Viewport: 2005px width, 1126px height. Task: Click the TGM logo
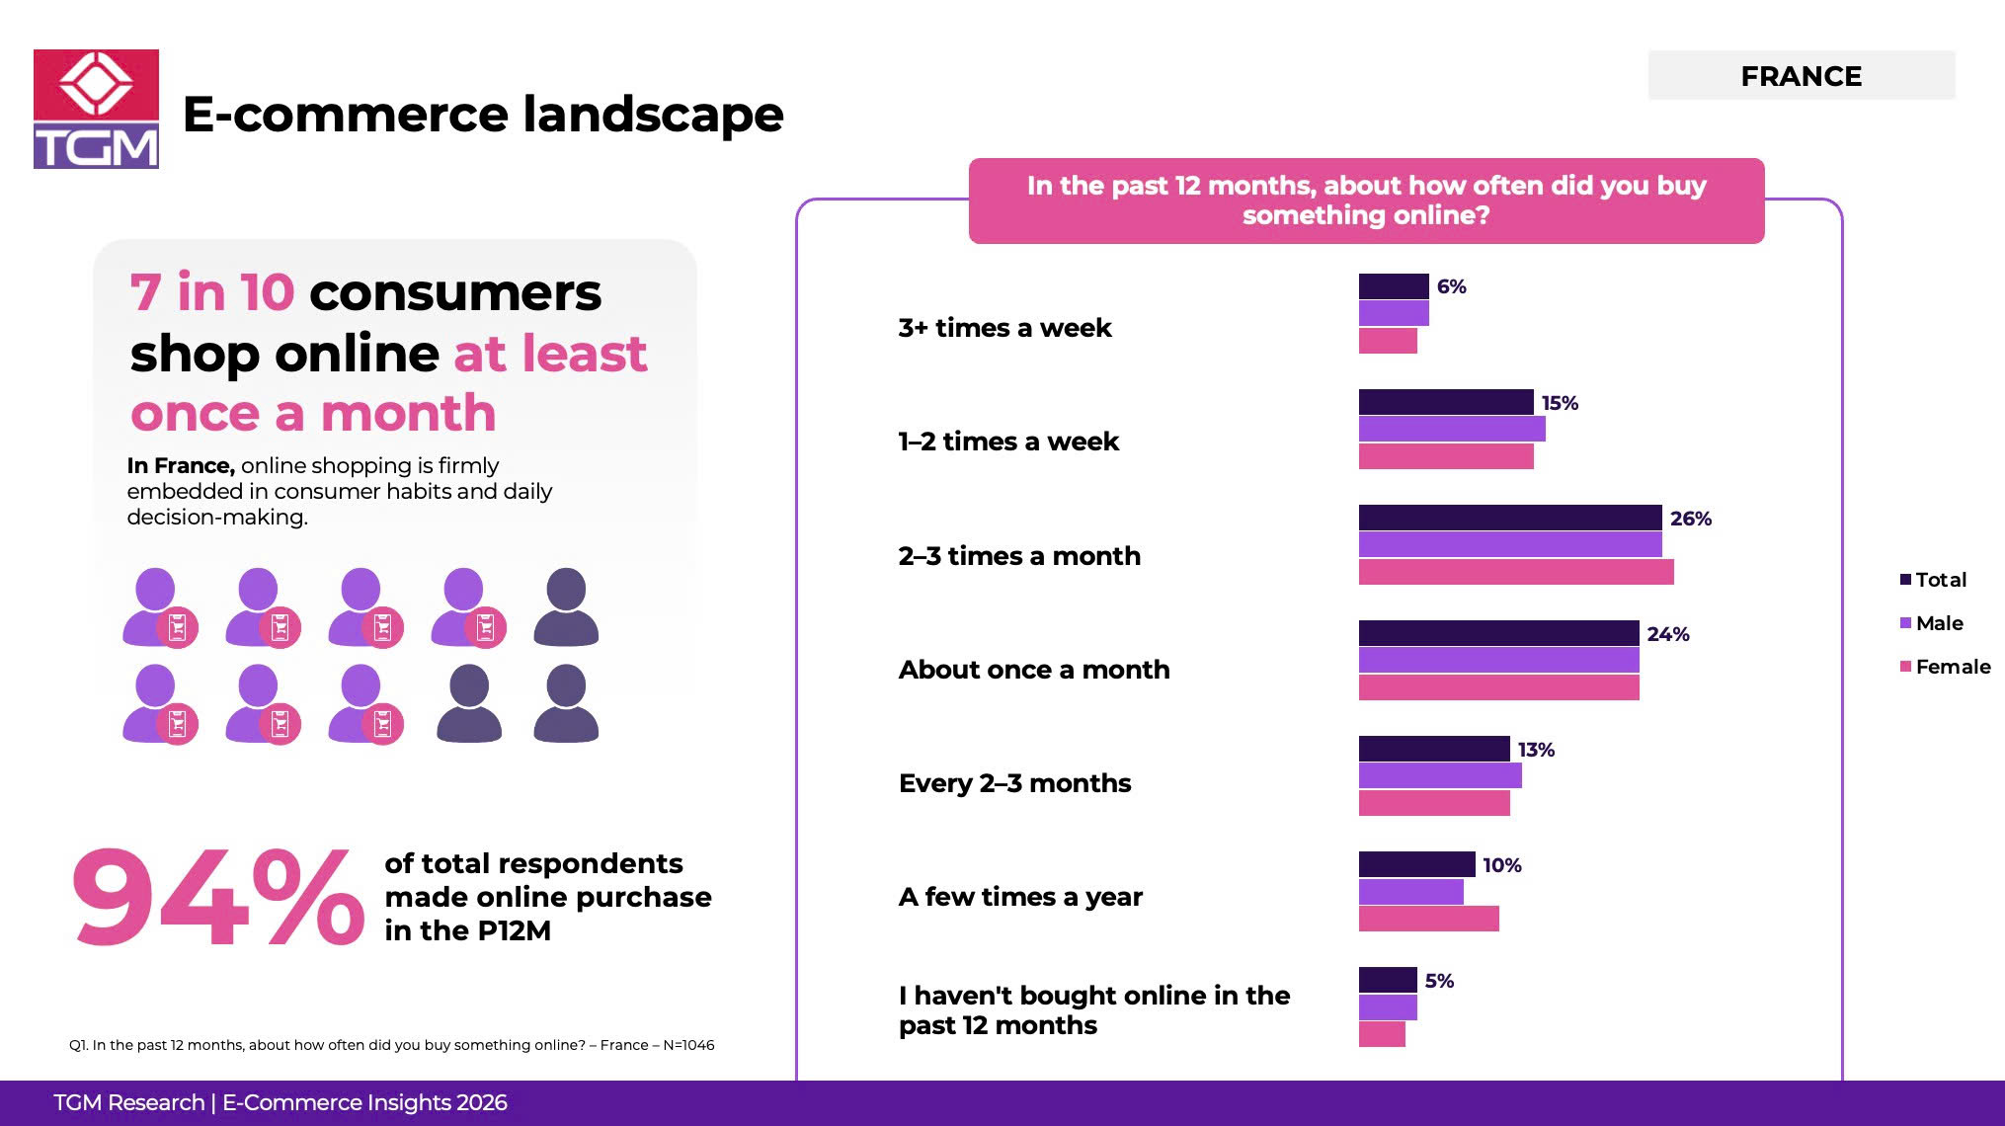click(x=96, y=109)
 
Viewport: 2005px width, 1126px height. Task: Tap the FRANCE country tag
click(x=1801, y=76)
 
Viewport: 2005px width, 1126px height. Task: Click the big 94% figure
click(x=217, y=898)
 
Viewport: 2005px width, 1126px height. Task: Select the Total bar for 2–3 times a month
click(x=1509, y=518)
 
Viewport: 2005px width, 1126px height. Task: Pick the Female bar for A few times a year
click(x=1428, y=919)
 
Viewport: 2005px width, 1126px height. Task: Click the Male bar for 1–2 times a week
click(x=1451, y=429)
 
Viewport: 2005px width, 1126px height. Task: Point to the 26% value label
click(x=1690, y=519)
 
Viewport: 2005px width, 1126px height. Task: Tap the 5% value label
click(x=1439, y=981)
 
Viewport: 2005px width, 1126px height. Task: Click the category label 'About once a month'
click(x=1033, y=670)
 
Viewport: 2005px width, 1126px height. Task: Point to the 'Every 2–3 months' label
click(x=1014, y=783)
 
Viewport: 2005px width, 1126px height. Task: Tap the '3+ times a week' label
click(x=1004, y=328)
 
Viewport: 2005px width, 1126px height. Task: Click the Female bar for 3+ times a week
click(x=1388, y=341)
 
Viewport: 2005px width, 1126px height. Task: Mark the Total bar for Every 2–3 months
click(x=1434, y=749)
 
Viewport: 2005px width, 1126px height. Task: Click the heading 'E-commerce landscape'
click(x=483, y=115)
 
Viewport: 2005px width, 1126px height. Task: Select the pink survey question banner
click(x=1366, y=201)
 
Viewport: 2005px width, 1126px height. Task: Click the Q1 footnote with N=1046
click(x=391, y=1045)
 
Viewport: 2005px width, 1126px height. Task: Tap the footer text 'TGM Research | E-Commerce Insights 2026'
click(x=281, y=1103)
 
